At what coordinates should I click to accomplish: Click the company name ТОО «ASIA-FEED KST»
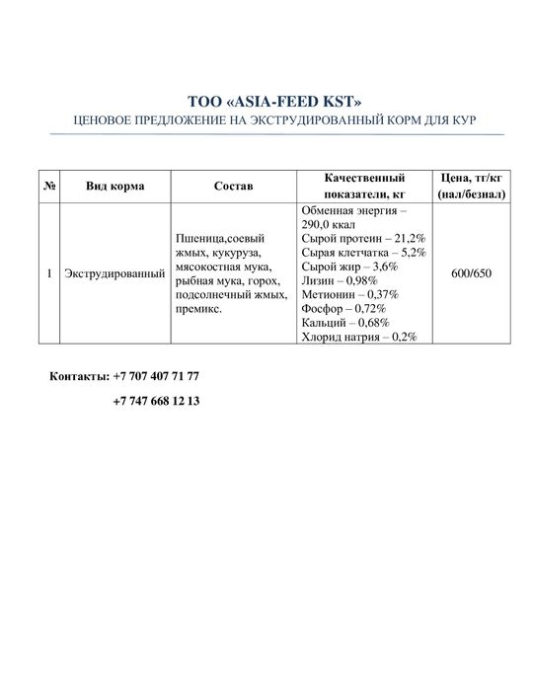pyautogui.click(x=266, y=102)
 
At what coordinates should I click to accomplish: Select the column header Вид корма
pyautogui.click(x=114, y=186)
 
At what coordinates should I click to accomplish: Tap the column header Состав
pyautogui.click(x=233, y=186)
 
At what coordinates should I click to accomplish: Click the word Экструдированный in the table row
pyautogui.click(x=114, y=272)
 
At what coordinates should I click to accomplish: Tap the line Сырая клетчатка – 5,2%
pyautogui.click(x=362, y=253)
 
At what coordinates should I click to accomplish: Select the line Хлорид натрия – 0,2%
pyautogui.click(x=357, y=337)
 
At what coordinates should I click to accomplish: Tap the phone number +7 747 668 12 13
pyautogui.click(x=156, y=401)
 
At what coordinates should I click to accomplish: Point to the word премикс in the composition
pyautogui.click(x=196, y=309)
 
